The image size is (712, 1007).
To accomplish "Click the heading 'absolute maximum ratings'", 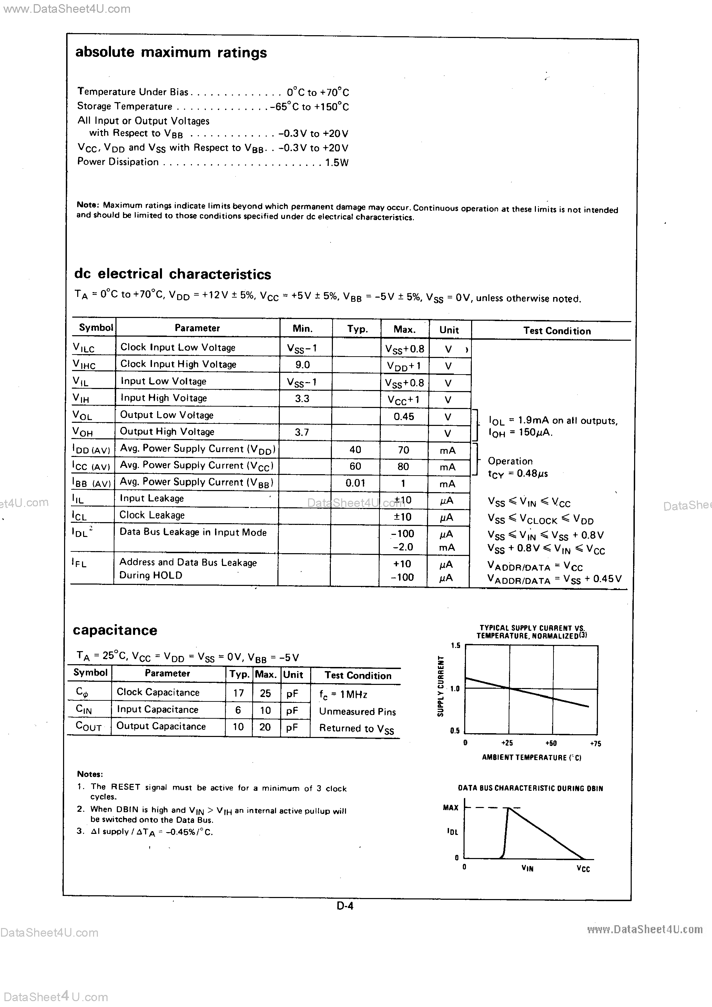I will [171, 53].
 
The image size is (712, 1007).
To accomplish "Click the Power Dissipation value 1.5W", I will [337, 163].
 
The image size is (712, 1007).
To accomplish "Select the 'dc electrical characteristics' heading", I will [172, 274].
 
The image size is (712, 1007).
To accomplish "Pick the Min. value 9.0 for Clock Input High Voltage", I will [302, 365].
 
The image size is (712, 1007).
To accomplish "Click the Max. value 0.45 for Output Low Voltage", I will [403, 417].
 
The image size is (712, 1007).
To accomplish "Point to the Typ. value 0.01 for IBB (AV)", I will [355, 483].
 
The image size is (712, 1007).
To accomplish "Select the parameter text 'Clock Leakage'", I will [152, 515].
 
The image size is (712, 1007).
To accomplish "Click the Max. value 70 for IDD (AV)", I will [403, 450].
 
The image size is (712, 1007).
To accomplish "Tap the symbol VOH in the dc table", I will [83, 432].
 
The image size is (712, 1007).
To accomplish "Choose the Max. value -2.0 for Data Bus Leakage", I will [402, 547].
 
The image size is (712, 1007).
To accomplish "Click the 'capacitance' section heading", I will [115, 630].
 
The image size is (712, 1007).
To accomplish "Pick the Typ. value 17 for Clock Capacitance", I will [238, 693].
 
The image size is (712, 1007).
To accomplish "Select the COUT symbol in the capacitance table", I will [89, 727].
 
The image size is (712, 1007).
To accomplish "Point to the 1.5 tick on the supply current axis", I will [456, 646].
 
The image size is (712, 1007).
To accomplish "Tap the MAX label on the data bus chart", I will [450, 807].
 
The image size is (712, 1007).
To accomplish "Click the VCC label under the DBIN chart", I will [583, 869].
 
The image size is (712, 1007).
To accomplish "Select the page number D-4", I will [345, 905].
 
